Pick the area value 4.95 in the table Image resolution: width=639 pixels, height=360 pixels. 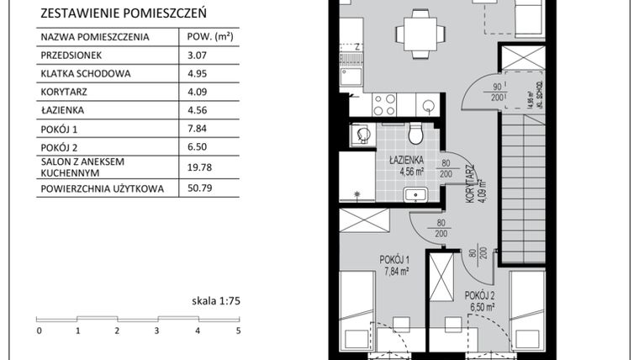195,73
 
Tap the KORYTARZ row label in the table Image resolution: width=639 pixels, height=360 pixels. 64,92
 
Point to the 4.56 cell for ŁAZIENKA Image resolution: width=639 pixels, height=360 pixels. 195,110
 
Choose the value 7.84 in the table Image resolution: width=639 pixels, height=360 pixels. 195,129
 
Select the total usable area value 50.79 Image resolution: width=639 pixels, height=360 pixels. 197,189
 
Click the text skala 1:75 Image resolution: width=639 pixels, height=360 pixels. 216,299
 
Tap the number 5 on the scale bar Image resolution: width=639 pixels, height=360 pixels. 239,331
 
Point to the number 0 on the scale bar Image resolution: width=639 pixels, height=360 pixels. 39,331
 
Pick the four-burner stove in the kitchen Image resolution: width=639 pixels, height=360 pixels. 384,104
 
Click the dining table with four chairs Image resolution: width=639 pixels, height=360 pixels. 420,34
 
